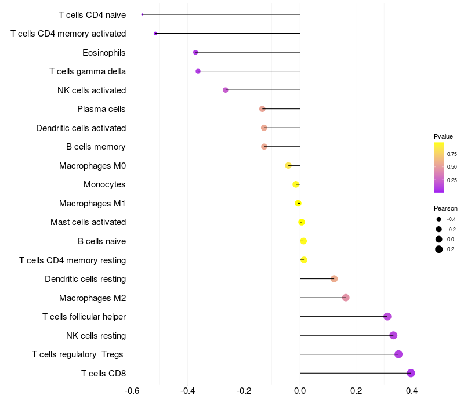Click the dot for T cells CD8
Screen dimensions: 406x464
coord(411,373)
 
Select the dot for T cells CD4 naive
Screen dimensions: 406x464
coord(142,14)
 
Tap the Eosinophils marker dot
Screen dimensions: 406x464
coord(195,52)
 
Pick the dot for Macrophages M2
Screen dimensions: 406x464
coord(346,298)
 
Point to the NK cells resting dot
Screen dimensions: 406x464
coord(393,335)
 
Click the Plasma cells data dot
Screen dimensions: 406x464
coord(262,109)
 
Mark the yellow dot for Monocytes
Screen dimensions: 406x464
coord(296,184)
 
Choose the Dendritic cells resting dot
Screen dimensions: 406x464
coord(334,279)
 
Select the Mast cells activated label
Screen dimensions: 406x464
coord(88,222)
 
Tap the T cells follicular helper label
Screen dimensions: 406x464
coord(84,317)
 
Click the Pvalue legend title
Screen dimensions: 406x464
coord(443,136)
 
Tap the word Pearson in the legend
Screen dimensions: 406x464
coord(445,208)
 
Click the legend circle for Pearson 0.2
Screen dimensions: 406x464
coord(439,249)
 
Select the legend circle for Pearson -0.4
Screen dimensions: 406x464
coord(439,219)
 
